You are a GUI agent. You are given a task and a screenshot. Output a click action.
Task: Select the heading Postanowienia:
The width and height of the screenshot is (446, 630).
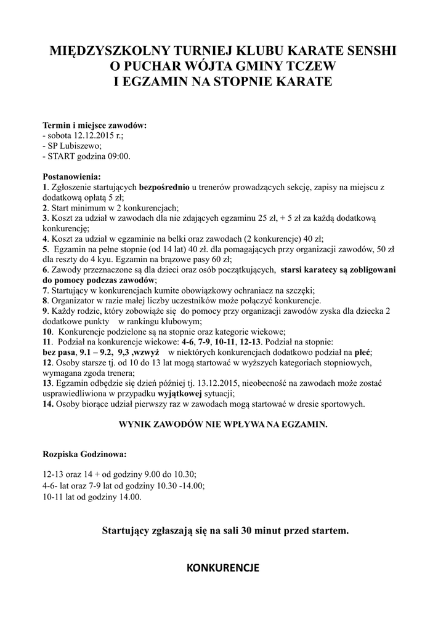tap(71, 177)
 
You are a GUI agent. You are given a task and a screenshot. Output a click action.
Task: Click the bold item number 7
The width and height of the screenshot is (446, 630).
tap(45, 290)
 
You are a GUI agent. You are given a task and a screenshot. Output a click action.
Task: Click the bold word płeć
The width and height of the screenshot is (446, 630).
tap(363, 353)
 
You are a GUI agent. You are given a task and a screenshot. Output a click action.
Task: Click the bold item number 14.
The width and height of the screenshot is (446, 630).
tap(48, 404)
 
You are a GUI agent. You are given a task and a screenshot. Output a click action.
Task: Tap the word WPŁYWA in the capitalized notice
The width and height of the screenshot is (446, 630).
tap(241, 425)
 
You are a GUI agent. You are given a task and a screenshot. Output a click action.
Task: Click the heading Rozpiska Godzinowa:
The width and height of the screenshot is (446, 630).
tap(85, 455)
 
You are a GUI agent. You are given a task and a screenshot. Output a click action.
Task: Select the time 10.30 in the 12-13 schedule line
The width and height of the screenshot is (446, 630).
tap(184, 474)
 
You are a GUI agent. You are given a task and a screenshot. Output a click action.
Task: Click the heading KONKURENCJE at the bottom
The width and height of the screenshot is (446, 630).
tap(222, 567)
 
